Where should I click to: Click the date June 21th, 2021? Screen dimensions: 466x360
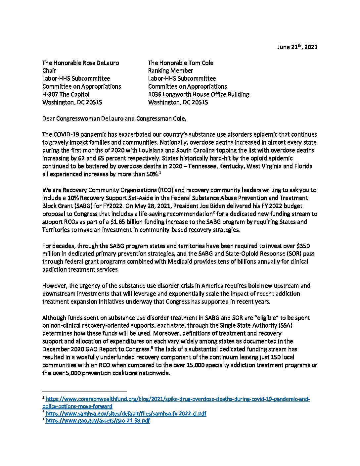coord(297,47)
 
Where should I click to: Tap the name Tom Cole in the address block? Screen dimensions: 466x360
coord(202,63)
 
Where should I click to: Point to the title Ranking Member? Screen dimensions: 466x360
coord(170,70)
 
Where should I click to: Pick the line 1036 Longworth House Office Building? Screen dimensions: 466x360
coord(199,94)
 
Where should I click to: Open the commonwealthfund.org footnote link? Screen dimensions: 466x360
coord(177,399)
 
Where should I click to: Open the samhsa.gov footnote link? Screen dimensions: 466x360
coord(126,413)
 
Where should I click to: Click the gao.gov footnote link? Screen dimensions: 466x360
coord(98,421)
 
